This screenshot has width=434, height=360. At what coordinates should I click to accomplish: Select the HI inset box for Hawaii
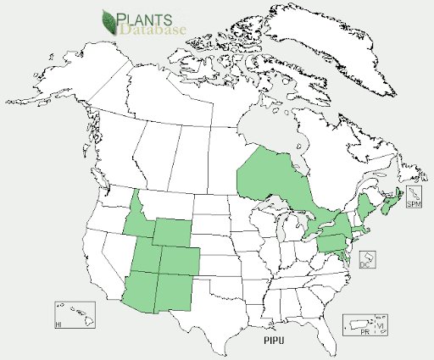pyautogui.click(x=75, y=314)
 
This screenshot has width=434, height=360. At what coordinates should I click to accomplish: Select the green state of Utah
pyautogui.click(x=148, y=258)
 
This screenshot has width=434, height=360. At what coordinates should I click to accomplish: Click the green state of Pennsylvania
pyautogui.click(x=334, y=242)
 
